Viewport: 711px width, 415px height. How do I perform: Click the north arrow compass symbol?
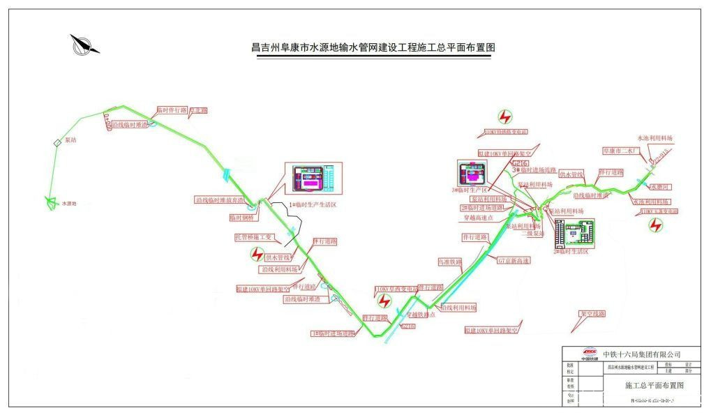pos(84,45)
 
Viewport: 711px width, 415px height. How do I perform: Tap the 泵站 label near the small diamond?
pos(70,139)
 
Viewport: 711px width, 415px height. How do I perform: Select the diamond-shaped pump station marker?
pos(58,143)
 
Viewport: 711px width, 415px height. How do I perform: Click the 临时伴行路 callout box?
pos(172,110)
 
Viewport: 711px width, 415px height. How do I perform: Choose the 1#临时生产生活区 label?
pos(313,204)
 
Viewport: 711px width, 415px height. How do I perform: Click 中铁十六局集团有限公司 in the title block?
pos(641,354)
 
